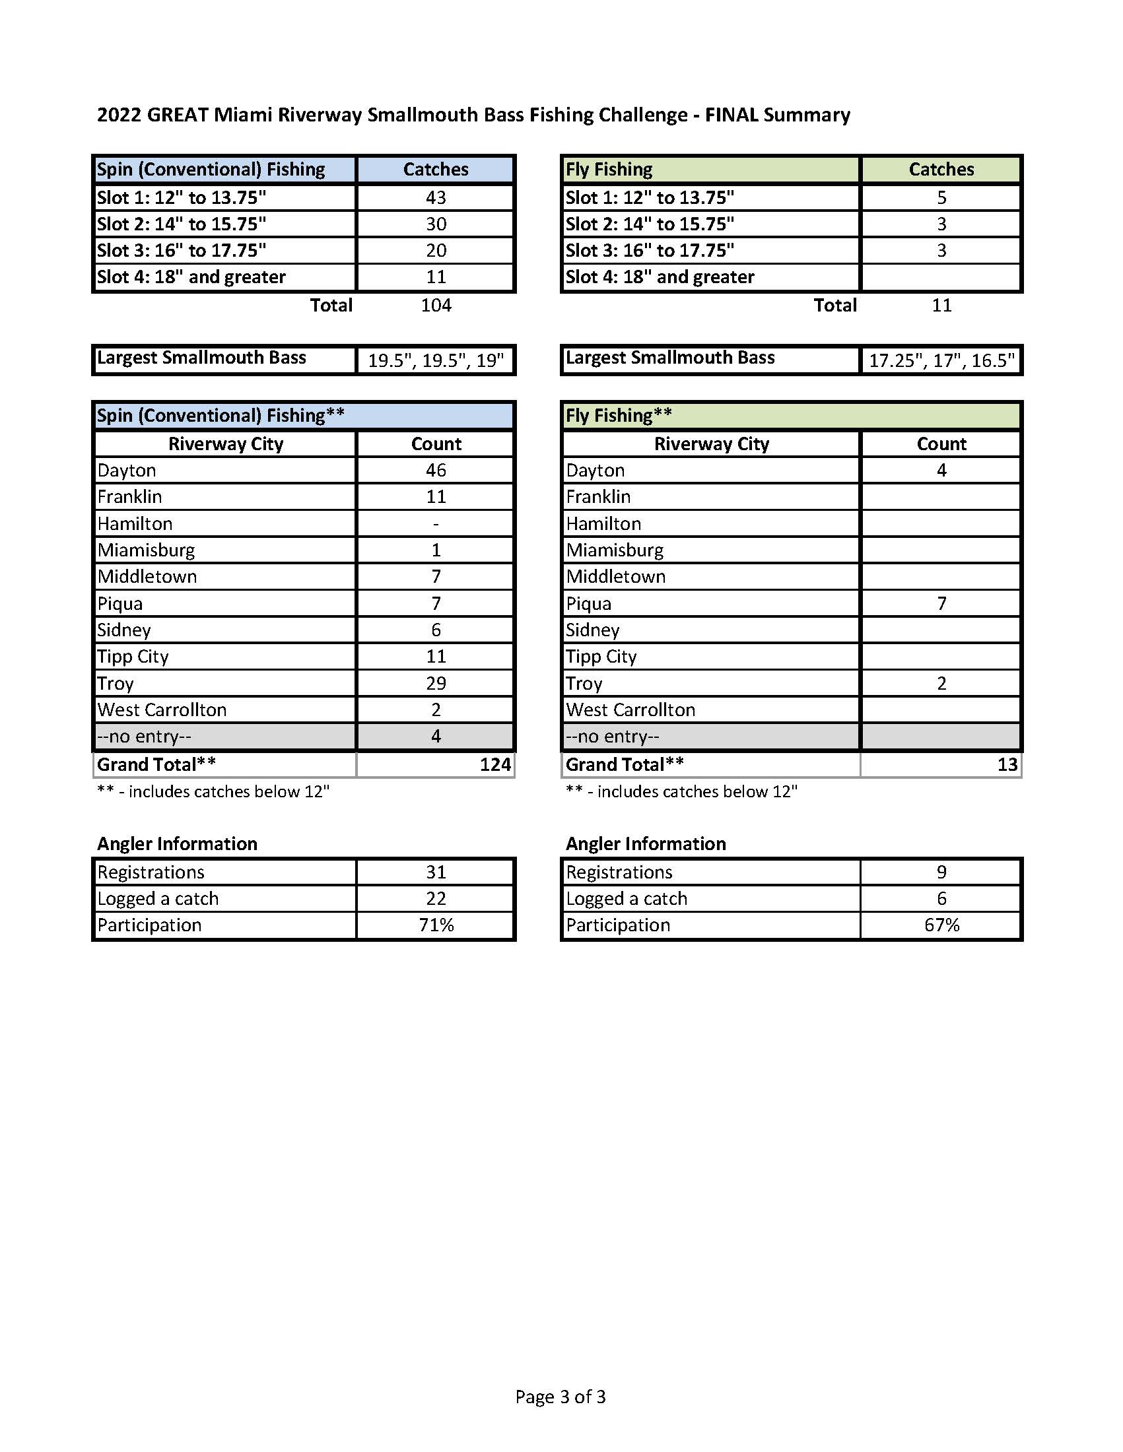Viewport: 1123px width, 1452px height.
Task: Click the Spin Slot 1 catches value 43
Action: coord(436,197)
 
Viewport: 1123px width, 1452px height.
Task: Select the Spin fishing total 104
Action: coord(436,305)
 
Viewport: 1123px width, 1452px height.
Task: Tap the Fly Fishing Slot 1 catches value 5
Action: coord(941,197)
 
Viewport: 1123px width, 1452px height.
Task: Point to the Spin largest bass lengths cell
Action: coord(436,360)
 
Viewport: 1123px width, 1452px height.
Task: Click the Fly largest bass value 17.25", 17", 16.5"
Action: coord(941,360)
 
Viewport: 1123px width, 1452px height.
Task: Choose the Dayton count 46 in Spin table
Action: coord(436,470)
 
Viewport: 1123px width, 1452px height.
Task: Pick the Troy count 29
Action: coord(436,683)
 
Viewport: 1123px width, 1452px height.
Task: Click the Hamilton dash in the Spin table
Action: coord(436,524)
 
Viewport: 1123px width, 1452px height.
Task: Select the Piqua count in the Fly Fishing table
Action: coord(941,603)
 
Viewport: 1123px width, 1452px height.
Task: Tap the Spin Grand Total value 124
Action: coord(494,764)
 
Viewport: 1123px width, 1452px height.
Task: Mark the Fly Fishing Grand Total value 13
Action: coord(1007,764)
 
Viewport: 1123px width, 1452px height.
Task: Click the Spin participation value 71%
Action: coord(436,925)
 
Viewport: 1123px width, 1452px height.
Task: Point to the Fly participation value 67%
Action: coord(941,925)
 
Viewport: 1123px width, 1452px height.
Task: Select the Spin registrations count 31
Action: coord(436,872)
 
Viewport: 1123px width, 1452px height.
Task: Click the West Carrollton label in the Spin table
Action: coord(162,709)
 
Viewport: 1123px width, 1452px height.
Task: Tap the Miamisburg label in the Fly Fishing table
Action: coord(615,550)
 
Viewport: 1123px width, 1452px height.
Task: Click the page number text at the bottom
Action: coord(561,1396)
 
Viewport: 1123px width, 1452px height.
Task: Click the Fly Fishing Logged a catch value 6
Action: coord(941,898)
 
